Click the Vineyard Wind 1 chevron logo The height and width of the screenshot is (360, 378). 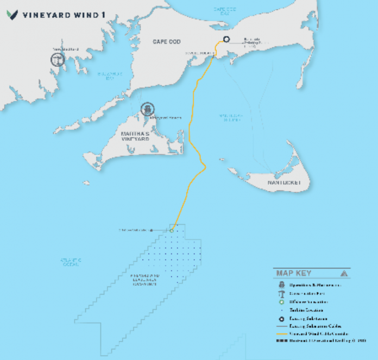point(12,15)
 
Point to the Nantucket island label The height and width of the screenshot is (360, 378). point(283,183)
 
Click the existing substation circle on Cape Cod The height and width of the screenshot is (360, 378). point(226,39)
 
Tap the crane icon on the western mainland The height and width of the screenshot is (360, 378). point(55,59)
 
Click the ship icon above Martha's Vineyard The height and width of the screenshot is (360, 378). point(146,109)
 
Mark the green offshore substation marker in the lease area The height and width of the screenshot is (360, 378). point(171,230)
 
